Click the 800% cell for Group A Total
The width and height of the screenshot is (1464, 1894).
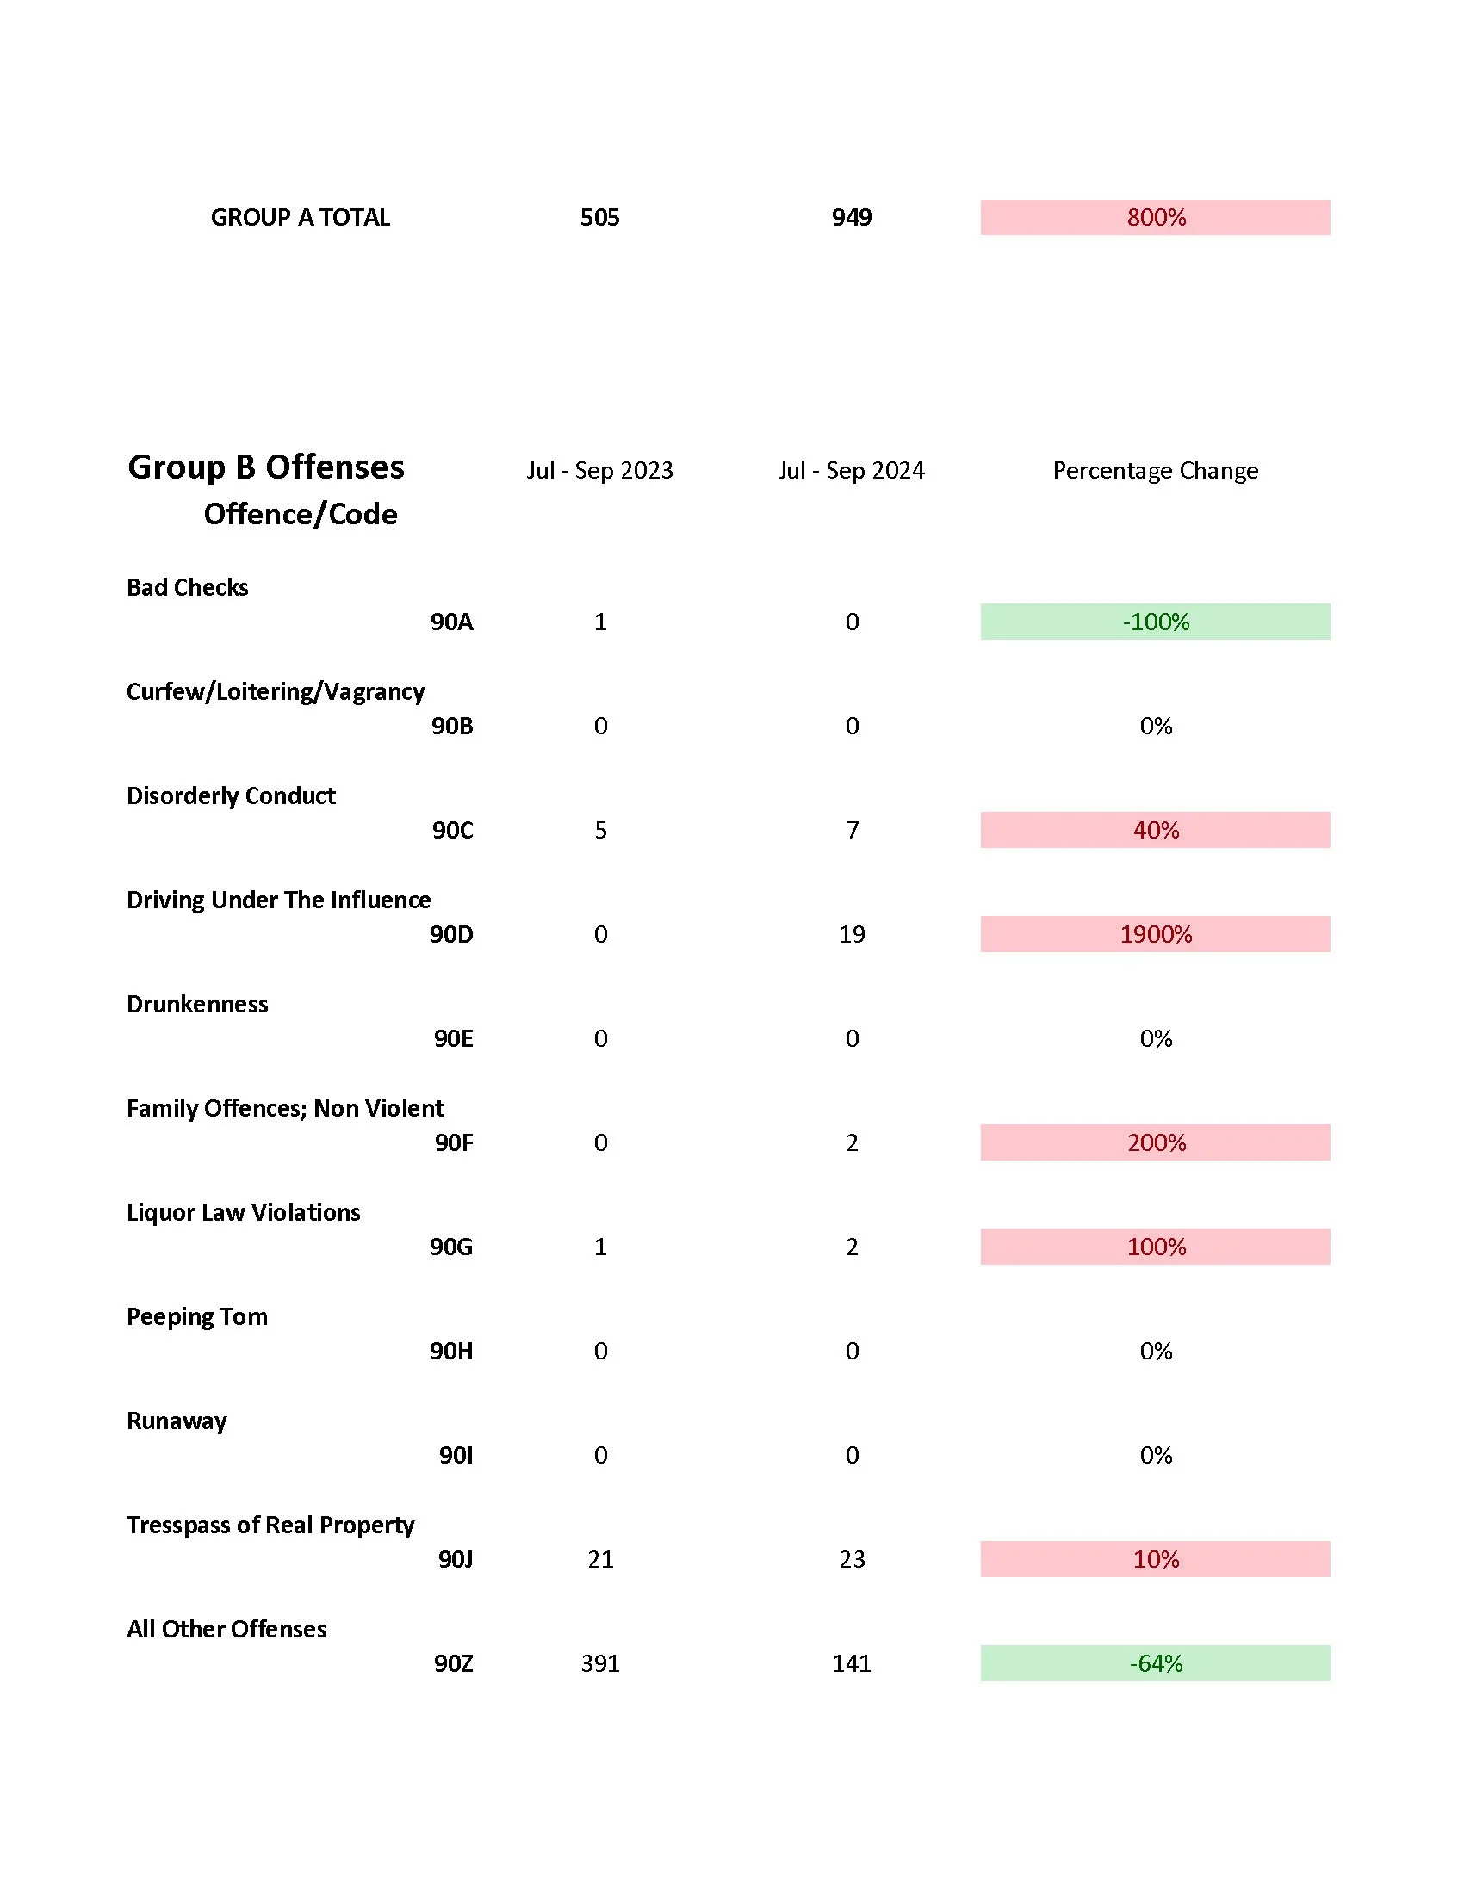coord(1155,217)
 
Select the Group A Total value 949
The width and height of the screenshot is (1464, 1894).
coord(851,217)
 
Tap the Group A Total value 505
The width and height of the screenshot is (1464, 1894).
coord(599,217)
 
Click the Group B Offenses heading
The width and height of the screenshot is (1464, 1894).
coord(265,467)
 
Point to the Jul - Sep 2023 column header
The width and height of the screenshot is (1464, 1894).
coord(599,470)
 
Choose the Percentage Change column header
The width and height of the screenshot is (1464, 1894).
coord(1155,470)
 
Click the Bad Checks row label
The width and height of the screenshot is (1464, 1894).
coord(188,587)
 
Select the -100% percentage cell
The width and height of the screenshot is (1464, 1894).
coord(1155,622)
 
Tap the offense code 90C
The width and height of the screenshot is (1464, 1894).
coord(453,830)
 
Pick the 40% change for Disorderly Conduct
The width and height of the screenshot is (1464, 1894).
coord(1155,830)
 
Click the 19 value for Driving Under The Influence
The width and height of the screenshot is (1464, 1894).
coord(852,934)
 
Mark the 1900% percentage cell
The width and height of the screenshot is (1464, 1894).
coord(1155,934)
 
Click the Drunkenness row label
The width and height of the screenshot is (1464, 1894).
coord(197,1003)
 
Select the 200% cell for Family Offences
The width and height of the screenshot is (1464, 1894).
coord(1155,1142)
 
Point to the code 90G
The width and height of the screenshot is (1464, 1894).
coord(451,1247)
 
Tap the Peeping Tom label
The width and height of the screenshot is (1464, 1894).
coord(197,1316)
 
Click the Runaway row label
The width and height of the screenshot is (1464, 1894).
coord(177,1420)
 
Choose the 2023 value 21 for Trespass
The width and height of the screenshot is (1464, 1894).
coord(600,1559)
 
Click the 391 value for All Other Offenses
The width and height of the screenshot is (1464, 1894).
coord(600,1663)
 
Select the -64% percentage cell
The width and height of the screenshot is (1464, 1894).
coord(1155,1663)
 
